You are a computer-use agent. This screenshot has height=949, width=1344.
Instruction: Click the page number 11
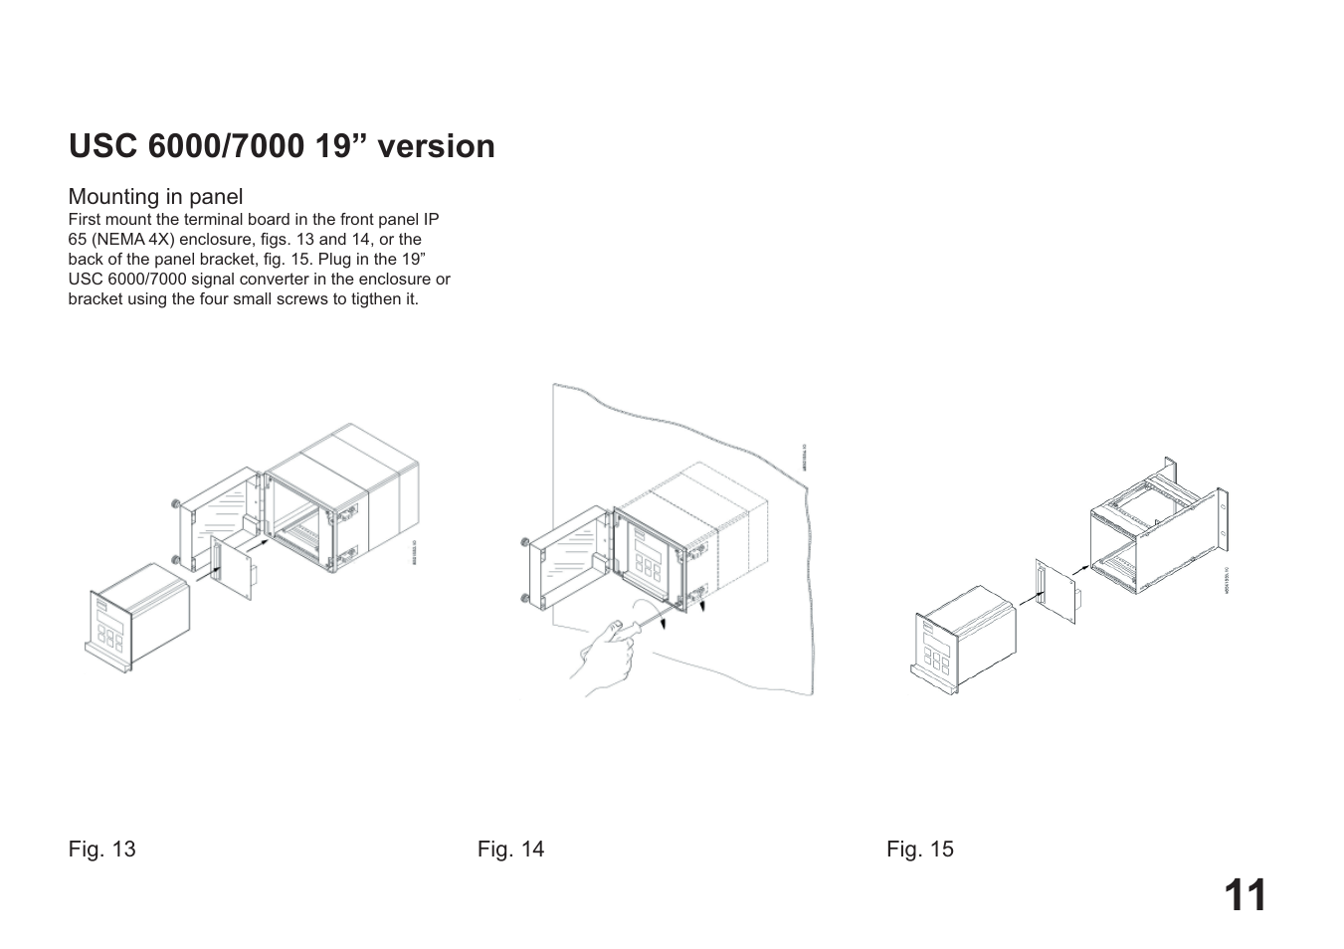click(1245, 896)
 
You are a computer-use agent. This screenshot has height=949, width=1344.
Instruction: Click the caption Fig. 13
click(101, 849)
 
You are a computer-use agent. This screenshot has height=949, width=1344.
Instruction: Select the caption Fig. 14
click(510, 849)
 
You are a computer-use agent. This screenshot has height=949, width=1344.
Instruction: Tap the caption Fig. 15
click(920, 849)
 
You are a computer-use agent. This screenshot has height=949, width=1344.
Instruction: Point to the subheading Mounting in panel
click(155, 197)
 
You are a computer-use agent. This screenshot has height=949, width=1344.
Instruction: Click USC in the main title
click(103, 146)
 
